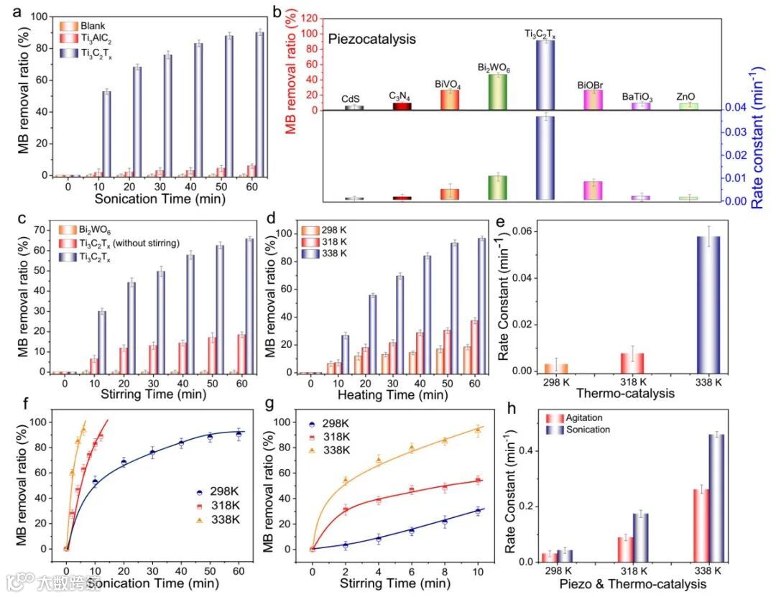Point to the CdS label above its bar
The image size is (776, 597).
click(354, 99)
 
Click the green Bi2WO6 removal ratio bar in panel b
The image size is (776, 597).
click(497, 92)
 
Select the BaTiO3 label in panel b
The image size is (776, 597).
click(637, 96)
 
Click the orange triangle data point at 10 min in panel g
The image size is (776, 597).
click(477, 430)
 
